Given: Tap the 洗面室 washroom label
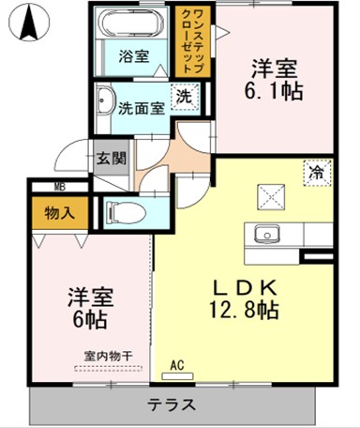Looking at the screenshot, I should coord(141,107).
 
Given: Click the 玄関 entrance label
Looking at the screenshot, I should coord(109,158).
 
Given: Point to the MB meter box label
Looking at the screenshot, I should coord(58,187).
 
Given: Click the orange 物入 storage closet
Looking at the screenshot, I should coord(61,214).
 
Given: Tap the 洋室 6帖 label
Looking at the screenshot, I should coord(89,308).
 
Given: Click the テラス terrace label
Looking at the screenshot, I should coord(171,406).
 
